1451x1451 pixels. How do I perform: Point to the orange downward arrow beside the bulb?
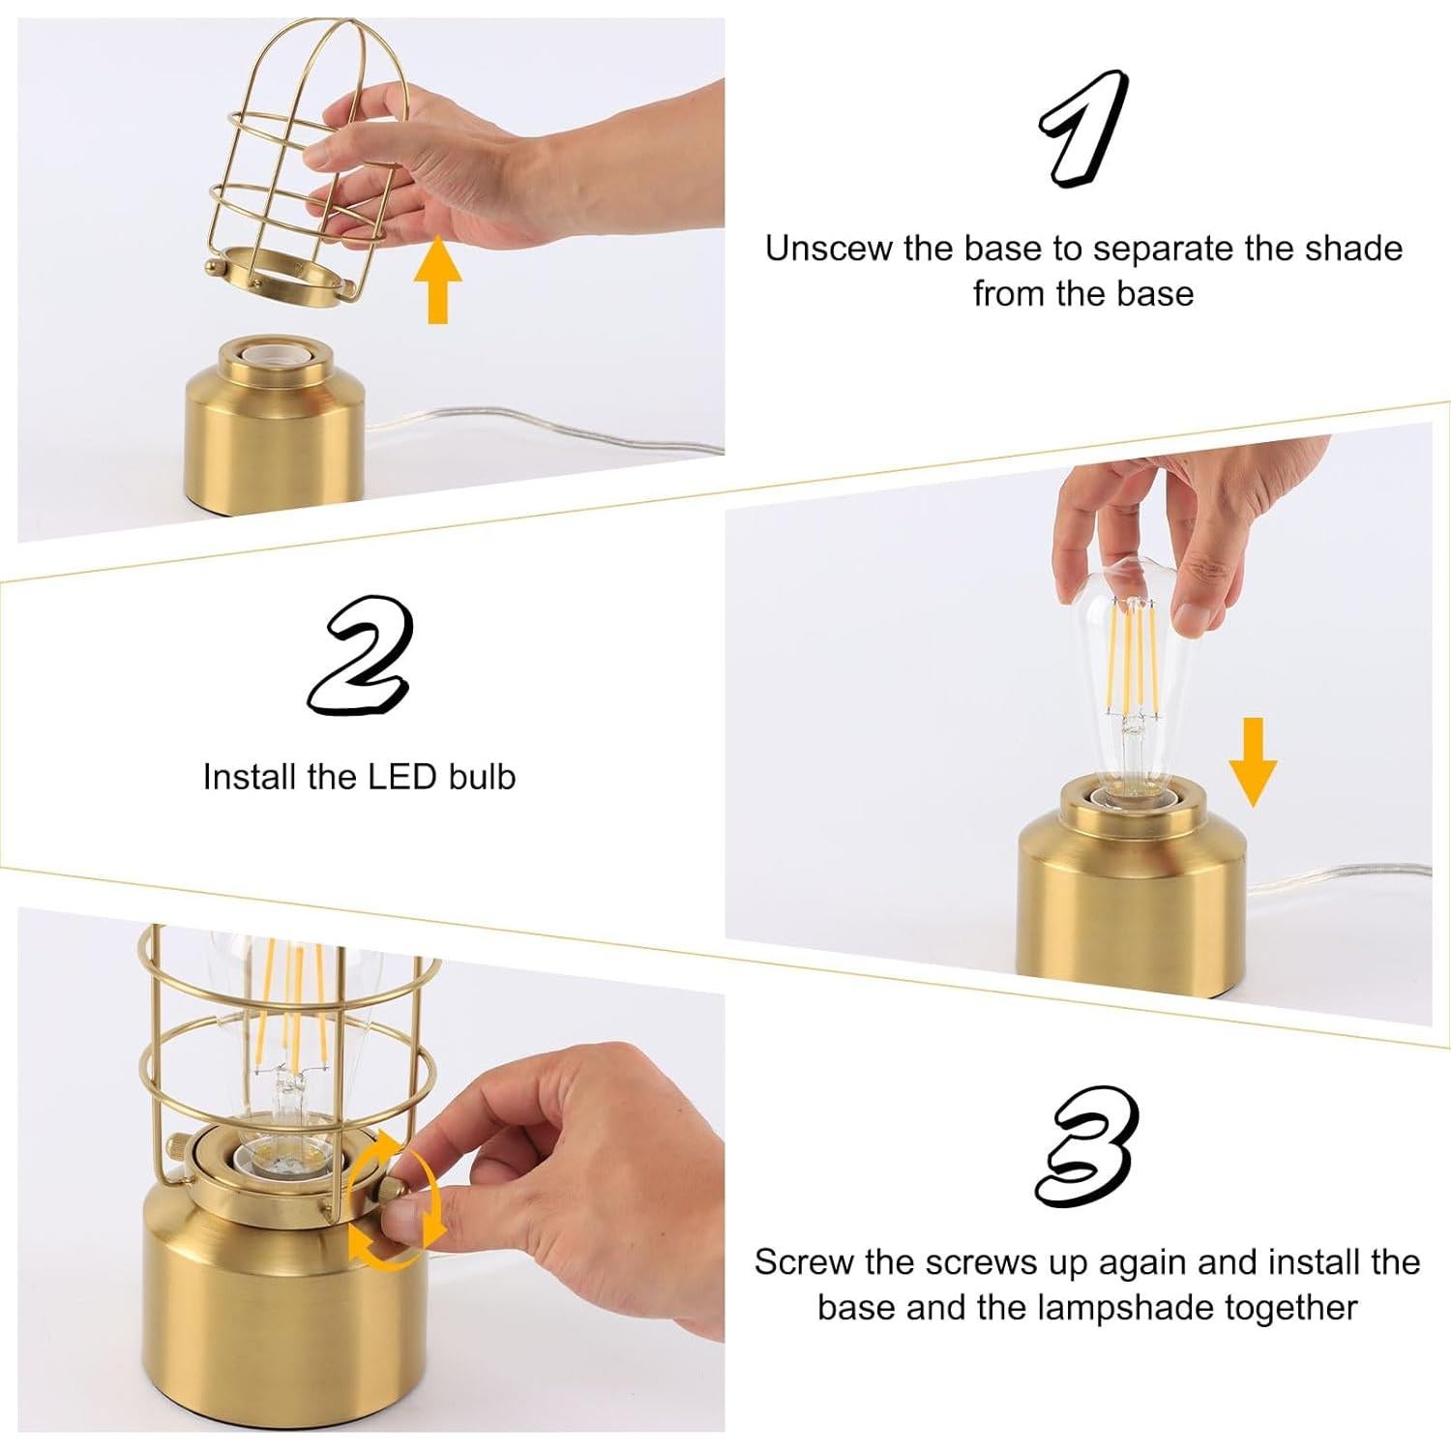coord(1253,762)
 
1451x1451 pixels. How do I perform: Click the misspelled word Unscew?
coord(828,249)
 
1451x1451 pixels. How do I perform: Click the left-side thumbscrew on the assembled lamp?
coord(177,1148)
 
